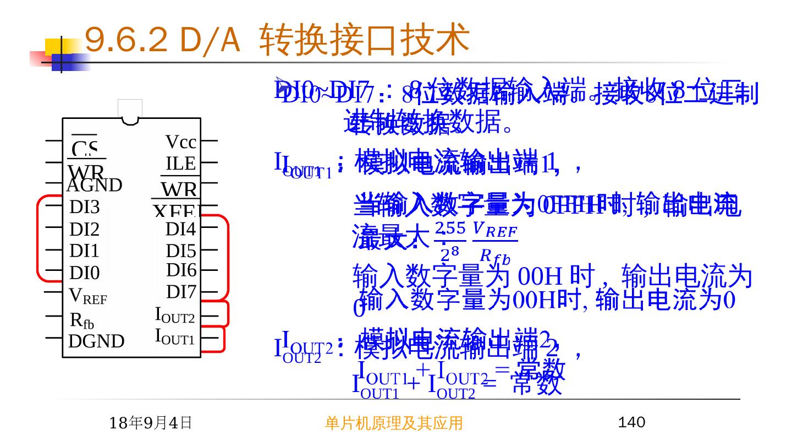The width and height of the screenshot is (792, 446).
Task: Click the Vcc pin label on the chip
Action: (181, 142)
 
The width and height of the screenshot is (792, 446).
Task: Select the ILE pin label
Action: (181, 164)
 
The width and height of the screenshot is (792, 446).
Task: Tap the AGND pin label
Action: (94, 186)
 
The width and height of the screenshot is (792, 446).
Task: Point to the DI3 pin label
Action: (85, 207)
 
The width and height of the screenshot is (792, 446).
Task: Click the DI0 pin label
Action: (85, 273)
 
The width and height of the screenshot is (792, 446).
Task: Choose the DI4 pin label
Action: (181, 229)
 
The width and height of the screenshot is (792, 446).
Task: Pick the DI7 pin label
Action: (181, 292)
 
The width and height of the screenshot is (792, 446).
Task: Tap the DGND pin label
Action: (96, 341)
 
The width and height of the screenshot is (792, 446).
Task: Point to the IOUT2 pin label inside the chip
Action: (175, 316)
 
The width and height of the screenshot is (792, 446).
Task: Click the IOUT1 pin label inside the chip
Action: (175, 336)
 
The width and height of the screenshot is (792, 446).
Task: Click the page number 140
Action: (631, 422)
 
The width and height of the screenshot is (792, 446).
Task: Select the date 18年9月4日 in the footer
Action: (150, 423)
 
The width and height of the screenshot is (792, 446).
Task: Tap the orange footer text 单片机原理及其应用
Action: (393, 423)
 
